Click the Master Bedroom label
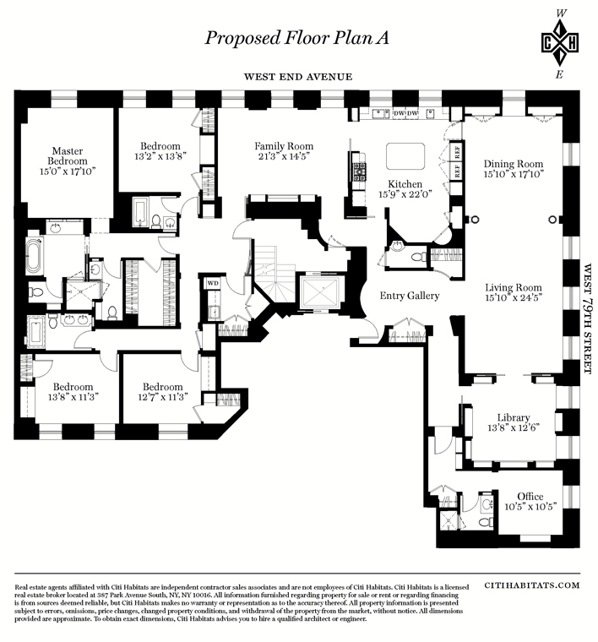click(x=68, y=156)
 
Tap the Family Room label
click(x=284, y=146)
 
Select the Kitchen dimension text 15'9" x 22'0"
click(x=405, y=194)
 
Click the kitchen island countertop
click(x=405, y=156)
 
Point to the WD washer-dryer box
click(x=213, y=283)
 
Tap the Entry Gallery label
click(x=410, y=296)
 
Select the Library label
click(x=514, y=417)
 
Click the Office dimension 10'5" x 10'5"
click(x=530, y=507)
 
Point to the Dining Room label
click(x=514, y=164)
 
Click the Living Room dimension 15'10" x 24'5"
click(x=514, y=298)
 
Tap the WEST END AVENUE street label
click(x=298, y=77)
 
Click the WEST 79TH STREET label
click(x=588, y=318)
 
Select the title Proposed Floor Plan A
click(x=296, y=38)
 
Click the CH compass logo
click(x=559, y=43)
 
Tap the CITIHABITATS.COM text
click(x=531, y=585)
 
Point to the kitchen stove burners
click(x=360, y=172)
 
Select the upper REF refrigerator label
click(x=457, y=152)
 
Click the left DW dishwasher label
click(x=399, y=113)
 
